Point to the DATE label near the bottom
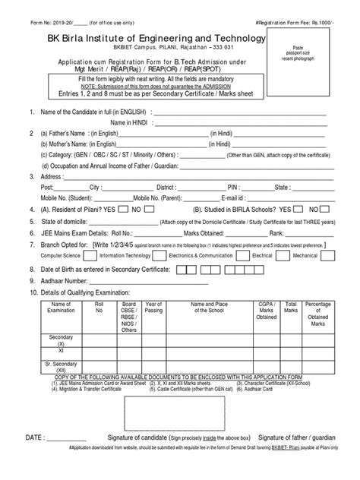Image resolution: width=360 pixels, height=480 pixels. [x=39, y=438]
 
